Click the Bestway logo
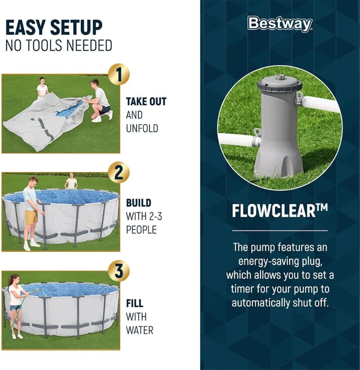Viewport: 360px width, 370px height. pyautogui.click(x=279, y=24)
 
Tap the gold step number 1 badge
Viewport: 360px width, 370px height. pyautogui.click(x=118, y=74)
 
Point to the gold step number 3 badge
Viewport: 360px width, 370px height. pyautogui.click(x=118, y=271)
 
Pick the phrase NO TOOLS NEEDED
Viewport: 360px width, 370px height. pyautogui.click(x=59, y=45)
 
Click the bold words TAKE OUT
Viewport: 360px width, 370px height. pyautogui.click(x=146, y=102)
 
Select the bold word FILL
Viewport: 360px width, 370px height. pyautogui.click(x=135, y=304)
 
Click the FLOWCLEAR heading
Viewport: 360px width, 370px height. pyautogui.click(x=279, y=211)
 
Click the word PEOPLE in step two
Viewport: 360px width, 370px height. pyautogui.click(x=141, y=229)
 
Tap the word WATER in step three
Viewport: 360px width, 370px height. pyautogui.click(x=140, y=330)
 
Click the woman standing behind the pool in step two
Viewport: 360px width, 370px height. pyautogui.click(x=71, y=181)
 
